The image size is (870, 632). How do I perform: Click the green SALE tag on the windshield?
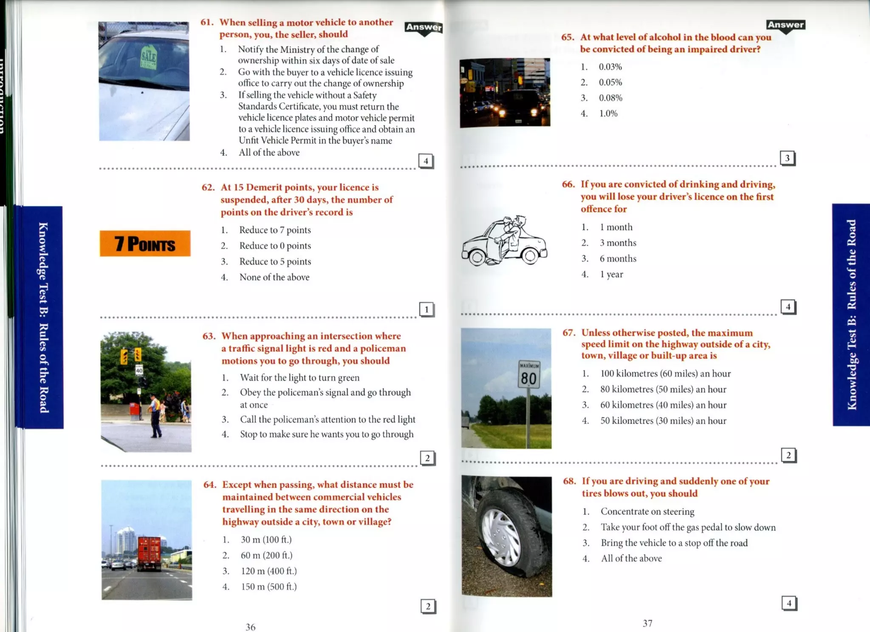point(149,58)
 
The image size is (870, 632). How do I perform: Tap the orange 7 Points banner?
point(145,244)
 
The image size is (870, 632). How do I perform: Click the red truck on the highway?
point(149,553)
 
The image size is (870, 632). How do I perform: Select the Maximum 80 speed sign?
point(529,374)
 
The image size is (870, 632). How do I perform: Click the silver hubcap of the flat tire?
point(501,537)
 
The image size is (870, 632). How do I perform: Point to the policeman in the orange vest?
point(155,414)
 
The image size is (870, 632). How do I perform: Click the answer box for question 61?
point(426,161)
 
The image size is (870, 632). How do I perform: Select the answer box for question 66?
point(788,306)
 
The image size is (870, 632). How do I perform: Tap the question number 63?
point(209,336)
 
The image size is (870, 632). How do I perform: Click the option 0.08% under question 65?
point(610,98)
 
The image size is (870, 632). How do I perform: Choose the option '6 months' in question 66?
point(618,258)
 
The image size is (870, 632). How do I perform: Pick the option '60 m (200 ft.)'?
point(266,555)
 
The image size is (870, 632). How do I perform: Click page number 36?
point(251,627)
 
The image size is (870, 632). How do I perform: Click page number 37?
point(647,623)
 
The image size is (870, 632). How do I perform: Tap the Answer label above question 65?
point(785,25)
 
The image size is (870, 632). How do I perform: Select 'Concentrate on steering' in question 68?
point(647,511)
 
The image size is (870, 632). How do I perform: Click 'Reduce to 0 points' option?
point(275,246)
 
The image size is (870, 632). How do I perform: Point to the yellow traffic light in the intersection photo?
point(124,357)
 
